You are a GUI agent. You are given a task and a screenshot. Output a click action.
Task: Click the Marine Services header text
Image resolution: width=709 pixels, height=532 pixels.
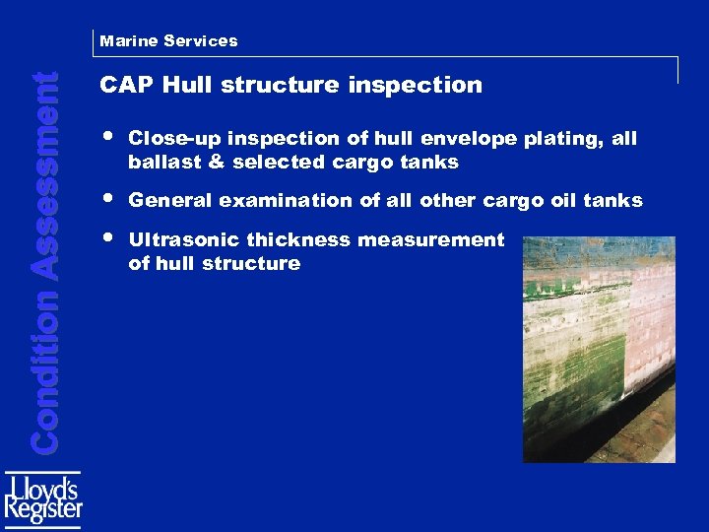coord(167,41)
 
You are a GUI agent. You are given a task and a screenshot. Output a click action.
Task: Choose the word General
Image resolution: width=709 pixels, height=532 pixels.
coord(169,201)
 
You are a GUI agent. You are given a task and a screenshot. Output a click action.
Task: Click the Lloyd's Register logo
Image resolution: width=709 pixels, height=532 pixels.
coord(43,497)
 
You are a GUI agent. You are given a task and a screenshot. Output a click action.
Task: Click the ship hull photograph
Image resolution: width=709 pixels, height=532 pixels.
coord(599,349)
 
